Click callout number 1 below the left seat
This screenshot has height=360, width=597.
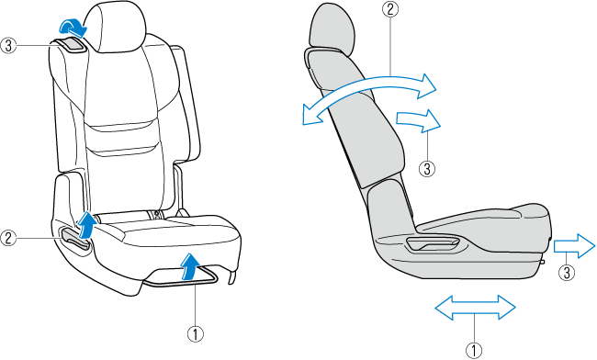(x=196, y=334)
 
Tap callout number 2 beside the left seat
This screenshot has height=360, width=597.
(x=8, y=238)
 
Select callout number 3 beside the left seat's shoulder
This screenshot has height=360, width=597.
(x=8, y=46)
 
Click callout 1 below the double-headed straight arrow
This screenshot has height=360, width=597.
(x=474, y=350)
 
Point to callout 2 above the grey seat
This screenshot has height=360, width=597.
(x=390, y=9)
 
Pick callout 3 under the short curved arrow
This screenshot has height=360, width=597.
(x=427, y=168)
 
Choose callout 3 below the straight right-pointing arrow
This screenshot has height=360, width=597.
(x=567, y=273)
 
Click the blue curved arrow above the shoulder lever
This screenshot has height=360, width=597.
(x=73, y=28)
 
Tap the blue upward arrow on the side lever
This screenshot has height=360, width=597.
(x=85, y=225)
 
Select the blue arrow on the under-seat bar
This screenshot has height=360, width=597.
(x=189, y=266)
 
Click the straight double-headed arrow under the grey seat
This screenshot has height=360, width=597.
(x=475, y=307)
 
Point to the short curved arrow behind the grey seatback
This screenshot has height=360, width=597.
(x=418, y=120)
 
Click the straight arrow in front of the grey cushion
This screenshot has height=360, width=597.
(x=574, y=246)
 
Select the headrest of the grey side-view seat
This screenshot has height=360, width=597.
(x=332, y=30)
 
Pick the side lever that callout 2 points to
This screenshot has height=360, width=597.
(x=75, y=236)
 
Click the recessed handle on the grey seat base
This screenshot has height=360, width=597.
(x=434, y=244)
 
